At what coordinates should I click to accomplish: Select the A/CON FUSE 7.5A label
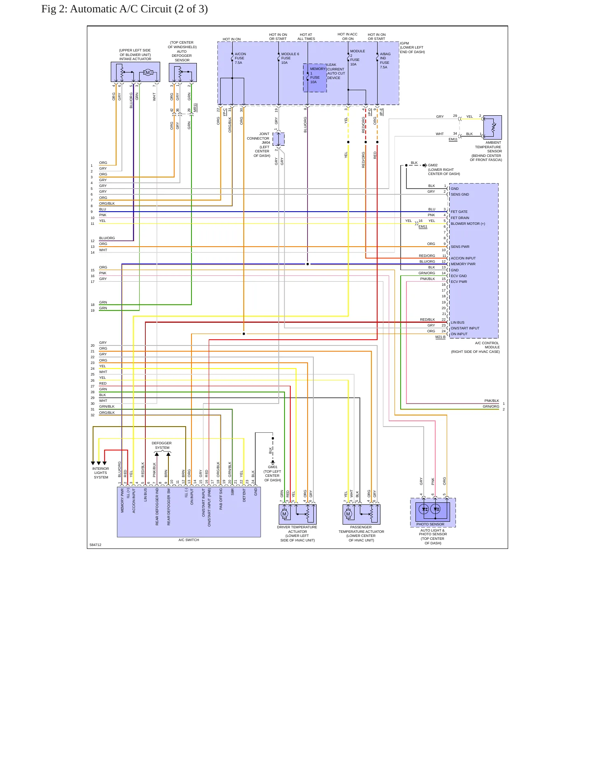pyautogui.click(x=240, y=58)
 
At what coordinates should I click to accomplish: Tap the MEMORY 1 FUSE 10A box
pyautogui.click(x=315, y=78)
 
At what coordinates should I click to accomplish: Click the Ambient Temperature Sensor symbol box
pyautogui.click(x=492, y=128)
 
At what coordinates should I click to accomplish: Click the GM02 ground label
pyautogui.click(x=433, y=165)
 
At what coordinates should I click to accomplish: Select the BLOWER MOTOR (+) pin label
pyautogui.click(x=468, y=224)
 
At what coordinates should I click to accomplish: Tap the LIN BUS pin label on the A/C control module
pyautogui.click(x=457, y=323)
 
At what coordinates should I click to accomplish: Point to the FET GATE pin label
pyautogui.click(x=459, y=212)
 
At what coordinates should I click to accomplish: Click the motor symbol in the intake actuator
pyautogui.click(x=148, y=73)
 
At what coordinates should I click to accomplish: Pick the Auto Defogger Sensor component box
pyautogui.click(x=183, y=72)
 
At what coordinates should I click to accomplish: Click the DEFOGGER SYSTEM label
pyautogui.click(x=162, y=446)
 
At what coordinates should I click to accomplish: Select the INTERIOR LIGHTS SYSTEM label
pyautogui.click(x=101, y=473)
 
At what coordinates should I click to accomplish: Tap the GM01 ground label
pyautogui.click(x=273, y=467)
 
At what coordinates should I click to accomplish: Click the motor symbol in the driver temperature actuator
pyautogui.click(x=284, y=514)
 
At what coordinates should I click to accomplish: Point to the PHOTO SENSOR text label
pyautogui.click(x=430, y=525)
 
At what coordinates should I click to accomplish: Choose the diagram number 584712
pyautogui.click(x=96, y=545)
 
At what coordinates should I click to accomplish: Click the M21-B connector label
pyautogui.click(x=440, y=337)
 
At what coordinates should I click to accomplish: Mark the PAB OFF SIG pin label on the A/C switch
pyautogui.click(x=221, y=500)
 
